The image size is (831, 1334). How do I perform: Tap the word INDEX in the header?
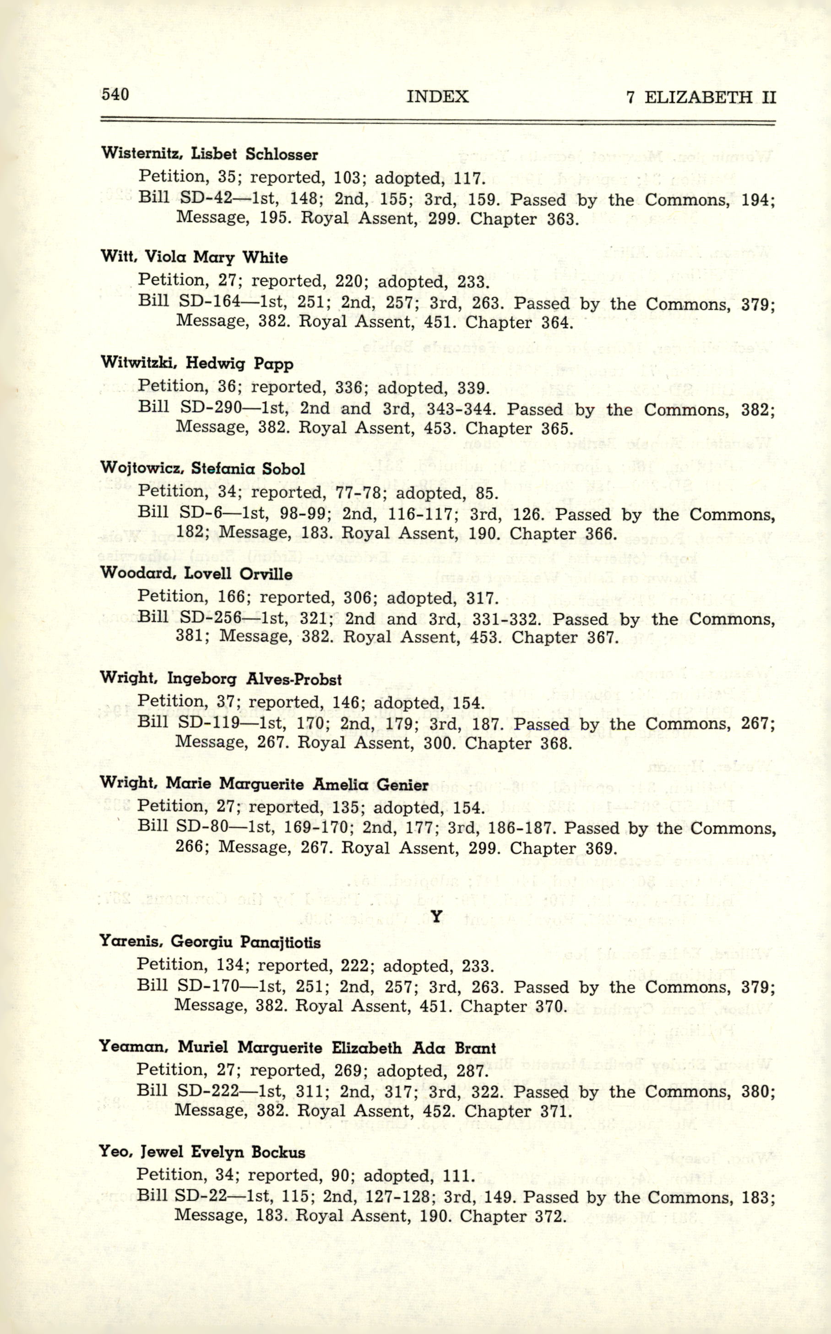click(x=438, y=97)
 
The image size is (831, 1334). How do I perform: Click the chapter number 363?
click(x=563, y=219)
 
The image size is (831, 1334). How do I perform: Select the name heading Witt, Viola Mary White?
click(x=194, y=257)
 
